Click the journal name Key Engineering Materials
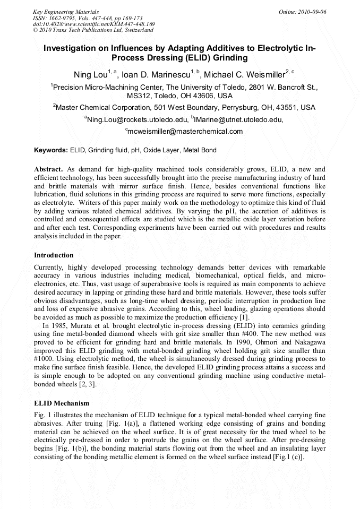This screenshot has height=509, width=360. pyautogui.click(x=66, y=12)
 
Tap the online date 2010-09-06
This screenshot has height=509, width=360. pyautogui.click(x=311, y=12)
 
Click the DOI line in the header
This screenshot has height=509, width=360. pyautogui.click(x=94, y=24)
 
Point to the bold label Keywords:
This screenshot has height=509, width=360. pyautogui.click(x=51, y=150)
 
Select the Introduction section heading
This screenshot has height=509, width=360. pyautogui.click(x=54, y=255)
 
